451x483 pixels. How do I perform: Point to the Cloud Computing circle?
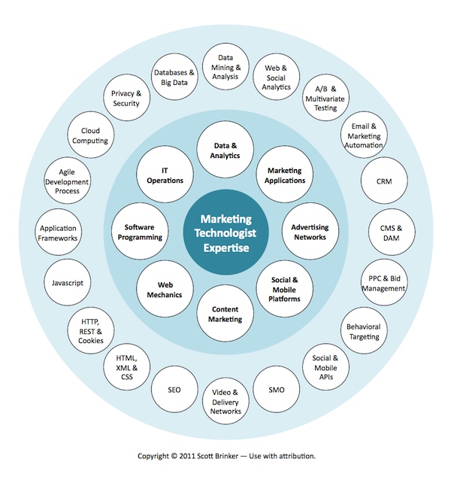89,135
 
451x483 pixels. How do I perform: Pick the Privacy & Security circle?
126,99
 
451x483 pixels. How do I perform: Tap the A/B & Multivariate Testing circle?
325,99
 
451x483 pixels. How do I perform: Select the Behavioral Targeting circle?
363,332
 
